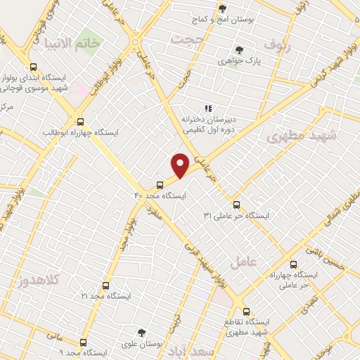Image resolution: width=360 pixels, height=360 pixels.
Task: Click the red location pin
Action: tap(181, 165)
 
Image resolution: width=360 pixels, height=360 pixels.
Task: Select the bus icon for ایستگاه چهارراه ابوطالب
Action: tap(82, 121)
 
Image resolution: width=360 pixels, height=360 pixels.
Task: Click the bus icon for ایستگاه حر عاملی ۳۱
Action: tap(236, 205)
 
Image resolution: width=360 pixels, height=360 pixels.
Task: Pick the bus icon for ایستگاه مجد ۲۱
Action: tap(105, 286)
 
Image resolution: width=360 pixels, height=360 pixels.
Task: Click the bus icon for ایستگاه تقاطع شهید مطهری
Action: tap(245, 310)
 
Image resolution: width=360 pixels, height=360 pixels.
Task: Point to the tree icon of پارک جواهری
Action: tap(239, 51)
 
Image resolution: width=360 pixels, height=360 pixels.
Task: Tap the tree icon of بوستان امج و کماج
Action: tap(222, 8)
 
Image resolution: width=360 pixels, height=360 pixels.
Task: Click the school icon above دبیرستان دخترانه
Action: tap(207, 109)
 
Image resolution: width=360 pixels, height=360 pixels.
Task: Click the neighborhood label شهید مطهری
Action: tap(303, 136)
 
